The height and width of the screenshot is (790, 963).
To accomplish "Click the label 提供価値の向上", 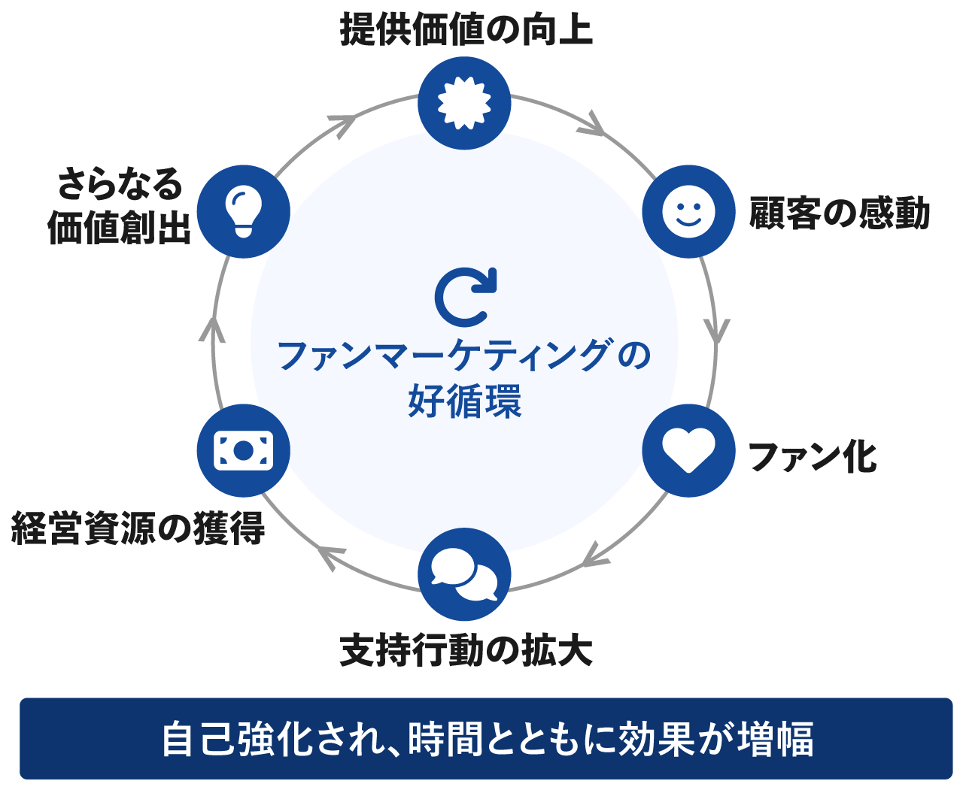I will [x=466, y=31].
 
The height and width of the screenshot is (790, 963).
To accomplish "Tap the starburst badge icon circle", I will [x=464, y=102].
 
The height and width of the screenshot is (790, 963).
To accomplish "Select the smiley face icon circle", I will [x=688, y=211].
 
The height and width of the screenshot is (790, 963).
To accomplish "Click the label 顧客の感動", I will [x=840, y=213].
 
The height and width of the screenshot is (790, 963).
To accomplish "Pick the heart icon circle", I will [x=688, y=450].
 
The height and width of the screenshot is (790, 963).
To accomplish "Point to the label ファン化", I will [x=813, y=456].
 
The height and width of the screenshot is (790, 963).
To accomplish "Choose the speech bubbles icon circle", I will [x=464, y=575].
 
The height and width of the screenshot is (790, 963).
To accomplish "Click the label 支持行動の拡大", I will [x=466, y=651].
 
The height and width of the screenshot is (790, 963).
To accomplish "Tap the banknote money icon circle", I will [x=243, y=450].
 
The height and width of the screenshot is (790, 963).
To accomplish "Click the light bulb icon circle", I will [x=243, y=211].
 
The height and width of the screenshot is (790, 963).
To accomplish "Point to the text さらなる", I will [x=120, y=183].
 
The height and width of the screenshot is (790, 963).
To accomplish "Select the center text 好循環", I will [x=465, y=401].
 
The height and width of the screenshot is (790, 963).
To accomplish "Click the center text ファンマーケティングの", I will [x=464, y=356].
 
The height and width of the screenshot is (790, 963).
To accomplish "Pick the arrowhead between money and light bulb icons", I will [x=214, y=329].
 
